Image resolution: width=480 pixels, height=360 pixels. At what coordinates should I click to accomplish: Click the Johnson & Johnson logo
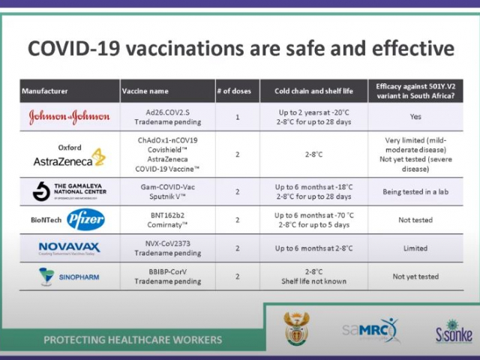pyautogui.click(x=69, y=117)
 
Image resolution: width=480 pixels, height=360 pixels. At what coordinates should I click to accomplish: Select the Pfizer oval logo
pyautogui.click(x=85, y=220)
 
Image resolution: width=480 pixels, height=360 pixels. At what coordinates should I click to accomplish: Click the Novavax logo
pyautogui.click(x=69, y=247)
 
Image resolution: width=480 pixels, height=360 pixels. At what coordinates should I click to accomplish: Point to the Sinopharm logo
pyautogui.click(x=69, y=277)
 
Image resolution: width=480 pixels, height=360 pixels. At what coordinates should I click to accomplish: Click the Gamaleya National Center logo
pyautogui.click(x=69, y=191)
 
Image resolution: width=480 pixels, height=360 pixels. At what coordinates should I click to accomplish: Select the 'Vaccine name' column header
pyautogui.click(x=143, y=91)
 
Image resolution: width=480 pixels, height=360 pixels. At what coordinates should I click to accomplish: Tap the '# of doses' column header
pyautogui.click(x=236, y=91)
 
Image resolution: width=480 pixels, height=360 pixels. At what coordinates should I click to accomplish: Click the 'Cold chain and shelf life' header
pyautogui.click(x=313, y=91)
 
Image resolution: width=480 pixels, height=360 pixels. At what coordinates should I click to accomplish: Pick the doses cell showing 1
pyautogui.click(x=237, y=117)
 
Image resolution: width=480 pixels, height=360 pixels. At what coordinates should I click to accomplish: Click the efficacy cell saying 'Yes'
pyautogui.click(x=415, y=117)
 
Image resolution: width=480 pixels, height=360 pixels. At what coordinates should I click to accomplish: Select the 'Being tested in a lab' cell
pyautogui.click(x=415, y=192)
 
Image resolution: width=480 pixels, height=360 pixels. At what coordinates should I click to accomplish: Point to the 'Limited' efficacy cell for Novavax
pyautogui.click(x=415, y=248)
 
